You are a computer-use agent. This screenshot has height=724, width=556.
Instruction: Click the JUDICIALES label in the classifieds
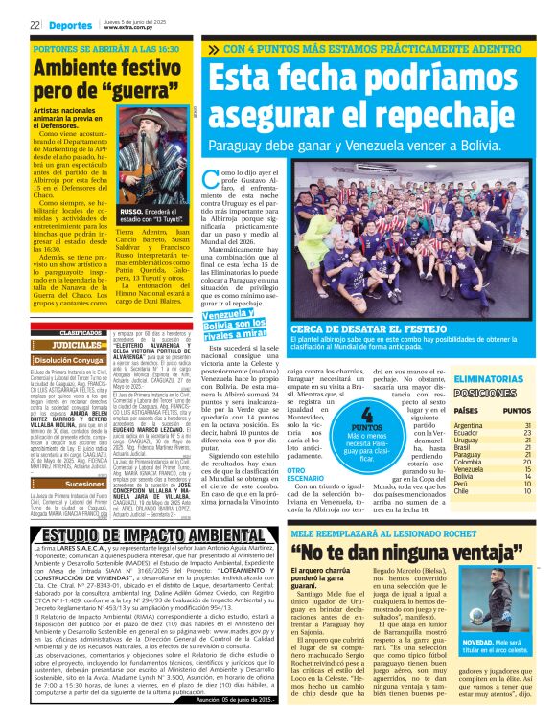(x=75, y=344)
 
